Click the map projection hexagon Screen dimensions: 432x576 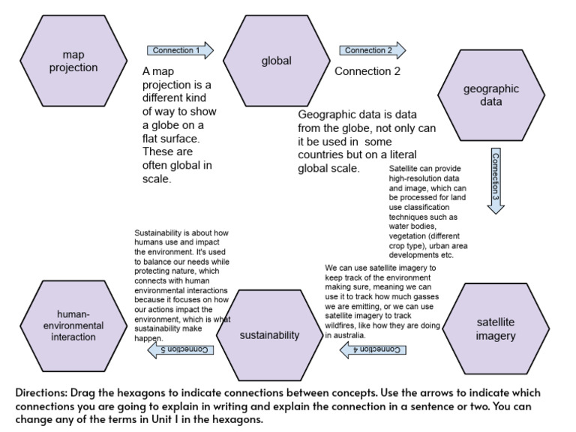point(69,61)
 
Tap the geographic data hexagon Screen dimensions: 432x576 point(490,95)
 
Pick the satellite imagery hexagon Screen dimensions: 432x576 point(496,329)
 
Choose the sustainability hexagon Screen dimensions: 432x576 point(269,334)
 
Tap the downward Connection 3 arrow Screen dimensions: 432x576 point(496,180)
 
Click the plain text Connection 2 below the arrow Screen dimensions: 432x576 point(367,72)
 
